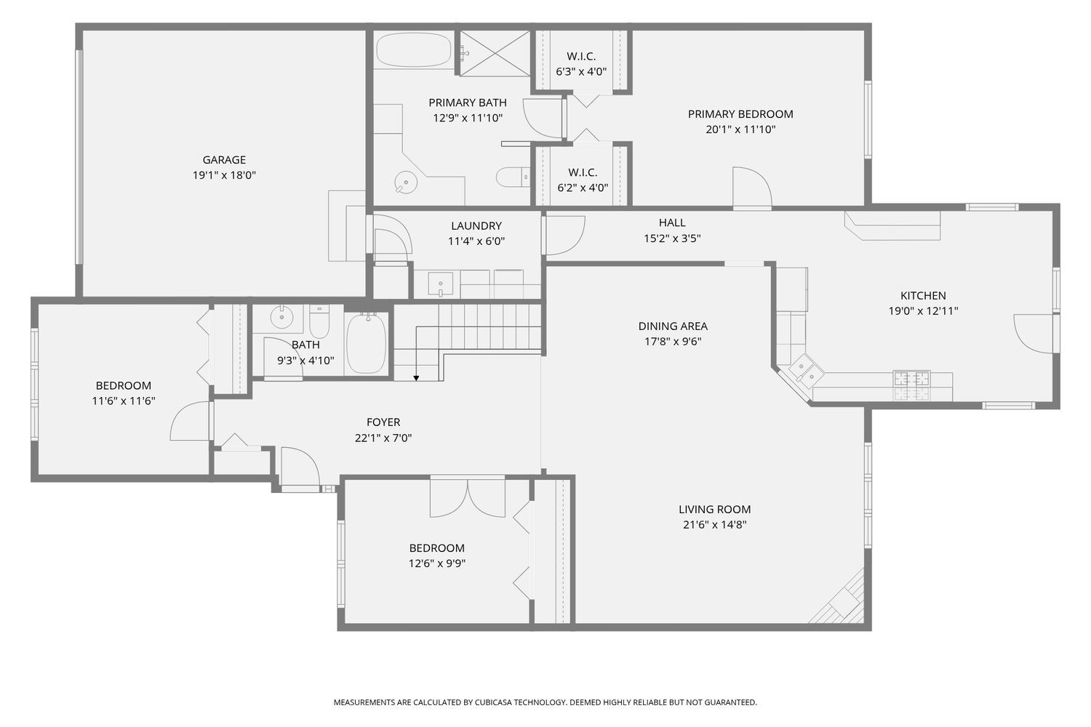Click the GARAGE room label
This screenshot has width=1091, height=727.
coord(224,160)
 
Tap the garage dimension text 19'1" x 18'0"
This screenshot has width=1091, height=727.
coord(224,175)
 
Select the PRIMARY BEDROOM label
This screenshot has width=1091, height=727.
coord(740,114)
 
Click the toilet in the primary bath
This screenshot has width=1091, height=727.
coord(513,177)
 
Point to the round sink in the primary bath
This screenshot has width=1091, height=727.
coord(405,182)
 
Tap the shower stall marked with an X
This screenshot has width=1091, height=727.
coord(495,52)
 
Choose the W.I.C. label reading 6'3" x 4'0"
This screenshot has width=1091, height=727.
coord(581,72)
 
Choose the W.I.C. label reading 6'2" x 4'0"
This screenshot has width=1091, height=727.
coord(583,188)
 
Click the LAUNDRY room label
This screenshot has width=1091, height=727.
coord(476,226)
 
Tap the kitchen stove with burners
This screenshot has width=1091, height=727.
coord(911,385)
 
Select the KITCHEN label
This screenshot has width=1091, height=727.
coord(923,296)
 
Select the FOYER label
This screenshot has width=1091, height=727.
coord(383,422)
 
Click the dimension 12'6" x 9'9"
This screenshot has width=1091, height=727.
coord(436,563)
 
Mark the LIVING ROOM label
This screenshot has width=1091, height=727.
coord(714,510)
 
